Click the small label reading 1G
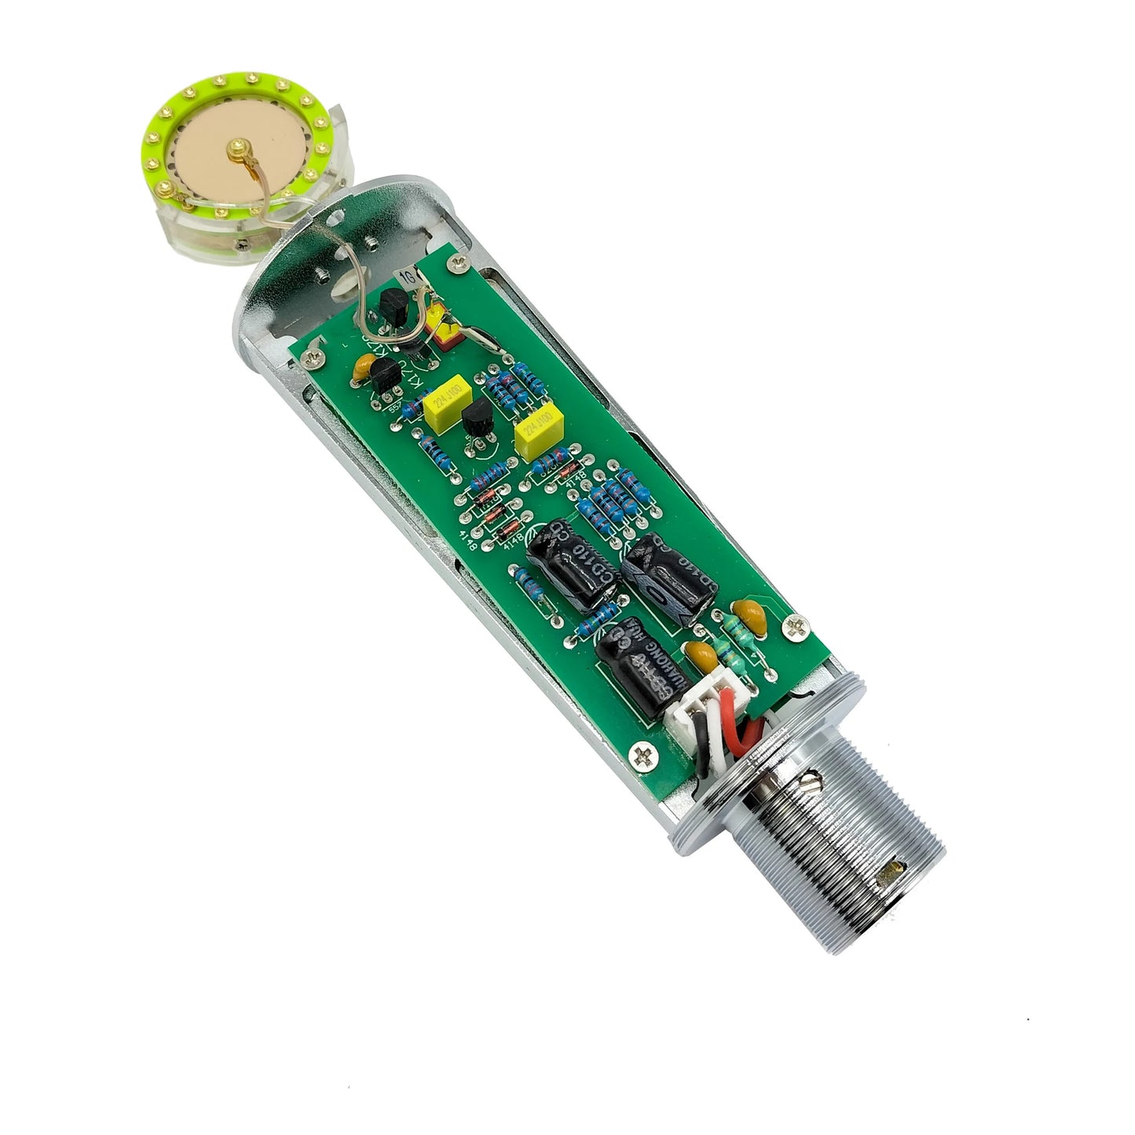(409, 277)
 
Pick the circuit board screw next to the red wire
(794, 625)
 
